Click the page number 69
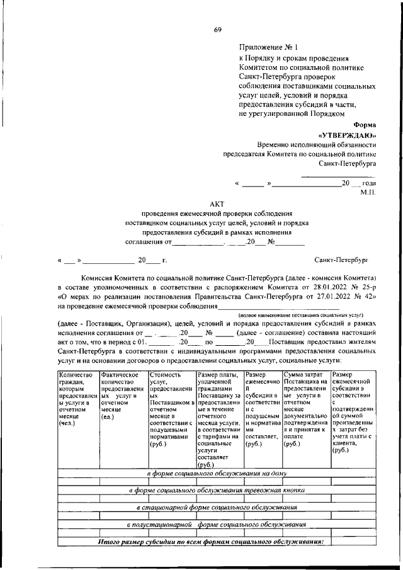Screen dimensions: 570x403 pos(218,30)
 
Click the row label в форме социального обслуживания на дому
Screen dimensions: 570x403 pos(217,473)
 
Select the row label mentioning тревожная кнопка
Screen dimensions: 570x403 pos(217,490)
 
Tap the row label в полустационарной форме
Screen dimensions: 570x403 pos(217,524)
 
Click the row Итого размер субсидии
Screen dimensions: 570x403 pos(211,541)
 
